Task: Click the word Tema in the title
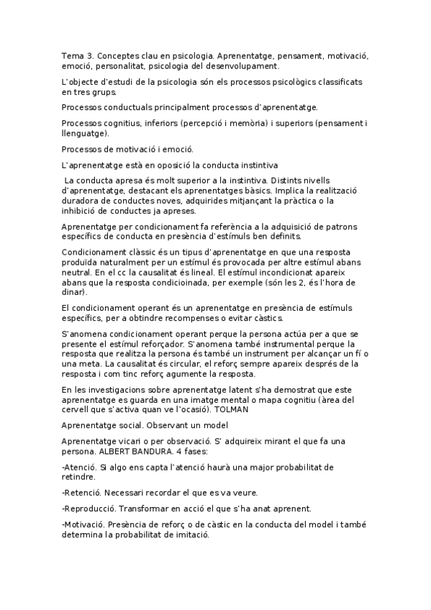coord(73,55)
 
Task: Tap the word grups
coord(96,92)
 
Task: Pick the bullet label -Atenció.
coord(78,468)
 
